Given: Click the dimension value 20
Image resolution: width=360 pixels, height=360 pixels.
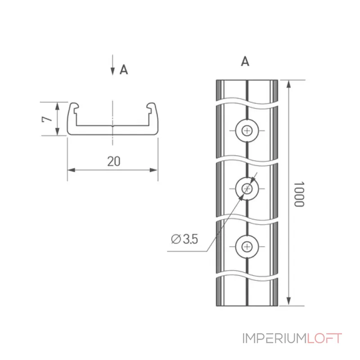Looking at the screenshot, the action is tap(114, 161).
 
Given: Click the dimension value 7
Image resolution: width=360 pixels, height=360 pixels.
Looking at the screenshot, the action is tap(47, 119).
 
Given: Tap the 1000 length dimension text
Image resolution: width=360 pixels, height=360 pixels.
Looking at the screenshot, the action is tap(299, 194).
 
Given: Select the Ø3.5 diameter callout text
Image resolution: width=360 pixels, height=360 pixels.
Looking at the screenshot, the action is tap(184, 239).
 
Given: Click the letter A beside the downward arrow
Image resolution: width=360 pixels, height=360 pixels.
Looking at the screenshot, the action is tap(124, 69).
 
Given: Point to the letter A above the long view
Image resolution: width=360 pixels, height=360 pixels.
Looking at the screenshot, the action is tap(245, 61).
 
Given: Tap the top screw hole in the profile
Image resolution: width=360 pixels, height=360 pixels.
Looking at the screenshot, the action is tap(247, 130).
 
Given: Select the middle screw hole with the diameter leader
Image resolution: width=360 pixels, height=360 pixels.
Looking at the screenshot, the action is tap(247, 189).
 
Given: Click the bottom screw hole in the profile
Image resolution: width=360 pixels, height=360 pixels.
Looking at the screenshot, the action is tap(247, 247).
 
